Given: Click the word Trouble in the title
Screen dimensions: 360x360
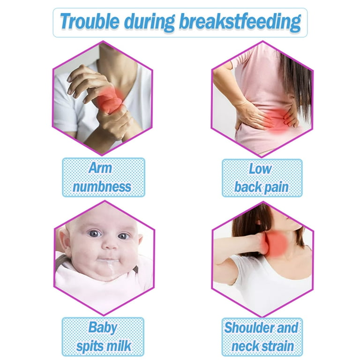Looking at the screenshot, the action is click(90, 22).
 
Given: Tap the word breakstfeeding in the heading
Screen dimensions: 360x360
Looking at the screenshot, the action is click(240, 22).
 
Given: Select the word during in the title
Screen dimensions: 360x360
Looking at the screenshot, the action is click(149, 22).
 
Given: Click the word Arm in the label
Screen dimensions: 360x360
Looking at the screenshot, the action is click(100, 168).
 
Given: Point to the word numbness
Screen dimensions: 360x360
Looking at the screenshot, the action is click(102, 187).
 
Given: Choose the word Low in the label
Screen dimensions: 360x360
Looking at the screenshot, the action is click(260, 169).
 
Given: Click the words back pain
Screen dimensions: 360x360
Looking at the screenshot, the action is click(262, 187).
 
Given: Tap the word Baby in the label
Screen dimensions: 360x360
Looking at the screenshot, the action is click(103, 327).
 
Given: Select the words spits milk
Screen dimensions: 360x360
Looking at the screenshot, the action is click(104, 346).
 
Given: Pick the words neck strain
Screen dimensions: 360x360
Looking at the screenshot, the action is click(262, 346).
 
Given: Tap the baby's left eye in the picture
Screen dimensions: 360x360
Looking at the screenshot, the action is click(123, 236).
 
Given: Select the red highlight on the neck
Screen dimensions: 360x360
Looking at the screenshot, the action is click(277, 244).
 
